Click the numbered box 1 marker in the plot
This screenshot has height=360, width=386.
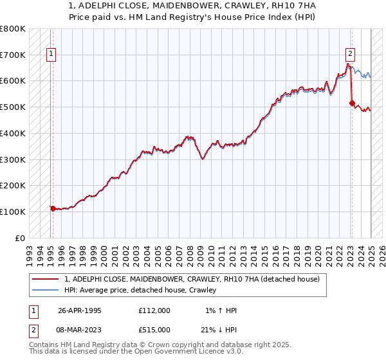[50, 55]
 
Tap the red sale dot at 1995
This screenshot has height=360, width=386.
[53, 208]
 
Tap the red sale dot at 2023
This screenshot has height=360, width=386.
[351, 102]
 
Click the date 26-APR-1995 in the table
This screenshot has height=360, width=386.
[80, 310]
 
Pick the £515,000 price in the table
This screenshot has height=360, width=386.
[154, 330]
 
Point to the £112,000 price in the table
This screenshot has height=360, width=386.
[154, 310]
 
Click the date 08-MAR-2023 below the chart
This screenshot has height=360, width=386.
[80, 330]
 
